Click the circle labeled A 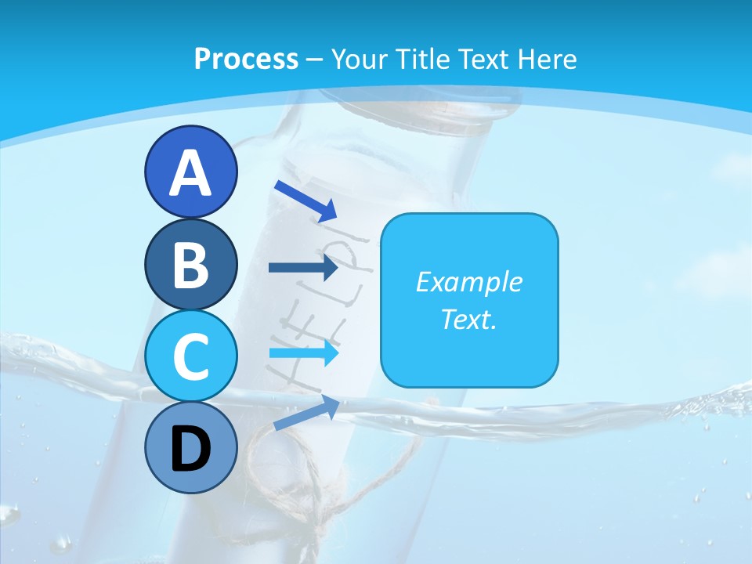(x=191, y=172)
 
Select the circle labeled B (x=191, y=265)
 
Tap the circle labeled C (x=191, y=356)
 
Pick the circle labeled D (x=191, y=448)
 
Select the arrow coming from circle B (x=303, y=268)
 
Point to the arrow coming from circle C (x=303, y=353)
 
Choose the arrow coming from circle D (x=306, y=413)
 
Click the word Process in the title (x=246, y=60)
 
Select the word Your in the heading (x=356, y=60)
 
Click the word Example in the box (x=468, y=283)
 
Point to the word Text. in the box (x=468, y=319)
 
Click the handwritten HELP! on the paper (x=313, y=313)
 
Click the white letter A (x=191, y=173)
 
